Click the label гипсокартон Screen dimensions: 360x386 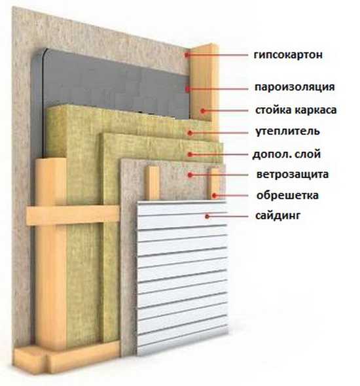[288, 55]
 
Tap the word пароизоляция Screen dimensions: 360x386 [295, 87]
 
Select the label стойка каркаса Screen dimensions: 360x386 [296, 110]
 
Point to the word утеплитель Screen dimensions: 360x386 [287, 132]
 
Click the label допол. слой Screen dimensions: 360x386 [287, 154]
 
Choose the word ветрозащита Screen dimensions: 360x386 [293, 174]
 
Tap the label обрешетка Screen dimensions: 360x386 [287, 195]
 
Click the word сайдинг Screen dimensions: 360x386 [278, 216]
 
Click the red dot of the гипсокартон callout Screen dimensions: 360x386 [187, 55]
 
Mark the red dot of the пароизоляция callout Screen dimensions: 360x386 [188, 88]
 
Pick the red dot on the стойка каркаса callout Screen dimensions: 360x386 [203, 111]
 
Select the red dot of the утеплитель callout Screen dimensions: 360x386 [190, 133]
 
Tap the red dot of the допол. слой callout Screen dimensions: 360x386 [190, 154]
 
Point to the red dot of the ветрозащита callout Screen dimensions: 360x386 [190, 175]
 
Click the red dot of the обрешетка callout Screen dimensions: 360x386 [214, 196]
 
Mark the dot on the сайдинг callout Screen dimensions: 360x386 [207, 217]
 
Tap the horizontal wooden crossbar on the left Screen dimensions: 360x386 [73, 215]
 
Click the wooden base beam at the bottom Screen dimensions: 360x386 [67, 357]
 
